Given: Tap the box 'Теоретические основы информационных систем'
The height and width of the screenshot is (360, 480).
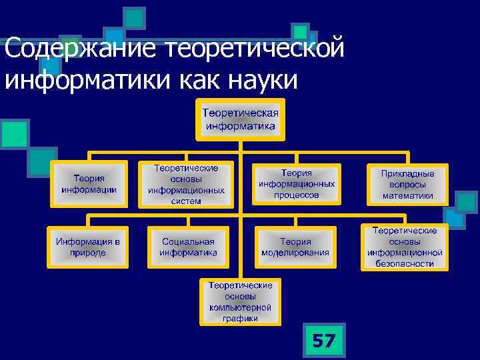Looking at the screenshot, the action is tap(186, 185).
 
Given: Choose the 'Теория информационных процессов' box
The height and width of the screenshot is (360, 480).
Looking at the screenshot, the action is tap(296, 184).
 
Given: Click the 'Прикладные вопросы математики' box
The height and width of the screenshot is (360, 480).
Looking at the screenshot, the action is tap(407, 185).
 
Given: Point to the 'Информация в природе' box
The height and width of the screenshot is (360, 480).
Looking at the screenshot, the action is tap(88, 247).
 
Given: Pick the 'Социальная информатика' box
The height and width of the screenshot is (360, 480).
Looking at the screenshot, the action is tap(188, 247).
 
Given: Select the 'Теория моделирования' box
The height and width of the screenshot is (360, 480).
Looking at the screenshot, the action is tap(295, 247).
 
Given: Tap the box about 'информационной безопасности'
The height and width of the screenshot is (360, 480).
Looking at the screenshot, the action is tap(404, 246).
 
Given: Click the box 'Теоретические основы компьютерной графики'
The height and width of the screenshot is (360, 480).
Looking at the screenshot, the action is tap(240, 301).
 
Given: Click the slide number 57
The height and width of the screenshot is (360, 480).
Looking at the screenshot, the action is tap(323, 341).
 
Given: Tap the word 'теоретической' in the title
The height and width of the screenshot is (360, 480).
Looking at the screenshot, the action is tap(258, 49).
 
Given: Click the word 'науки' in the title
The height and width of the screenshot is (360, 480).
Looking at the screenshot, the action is tap(262, 80).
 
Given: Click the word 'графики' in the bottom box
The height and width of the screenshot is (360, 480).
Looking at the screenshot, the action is tap(240, 319).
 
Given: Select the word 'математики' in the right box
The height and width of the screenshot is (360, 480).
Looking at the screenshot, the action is tap(407, 196).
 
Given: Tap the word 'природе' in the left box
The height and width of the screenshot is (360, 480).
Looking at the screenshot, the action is tap(88, 253).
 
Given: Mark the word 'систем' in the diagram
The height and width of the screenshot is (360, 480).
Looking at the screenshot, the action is tap(186, 201).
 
